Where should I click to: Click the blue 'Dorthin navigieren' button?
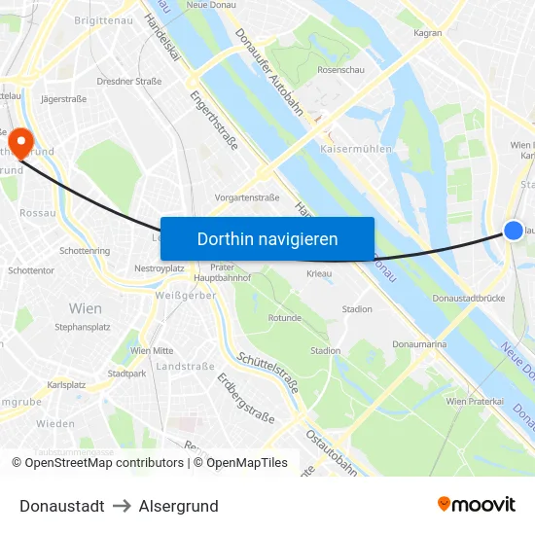coord(267,238)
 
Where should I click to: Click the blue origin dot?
coord(514,231)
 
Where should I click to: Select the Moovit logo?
coord(477,504)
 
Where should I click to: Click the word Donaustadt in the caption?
coord(62,506)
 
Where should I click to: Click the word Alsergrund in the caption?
coord(178,506)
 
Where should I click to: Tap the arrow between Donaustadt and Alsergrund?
coord(122,506)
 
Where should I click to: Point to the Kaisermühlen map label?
coord(356,149)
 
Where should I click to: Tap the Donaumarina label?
coord(418,343)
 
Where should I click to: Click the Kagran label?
coord(428,33)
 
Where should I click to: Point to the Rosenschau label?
coord(340,70)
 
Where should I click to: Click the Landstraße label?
coord(185,367)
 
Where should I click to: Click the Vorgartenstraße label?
coord(247,197)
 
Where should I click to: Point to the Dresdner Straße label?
coord(129,82)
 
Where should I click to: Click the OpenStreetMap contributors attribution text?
coord(104,463)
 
